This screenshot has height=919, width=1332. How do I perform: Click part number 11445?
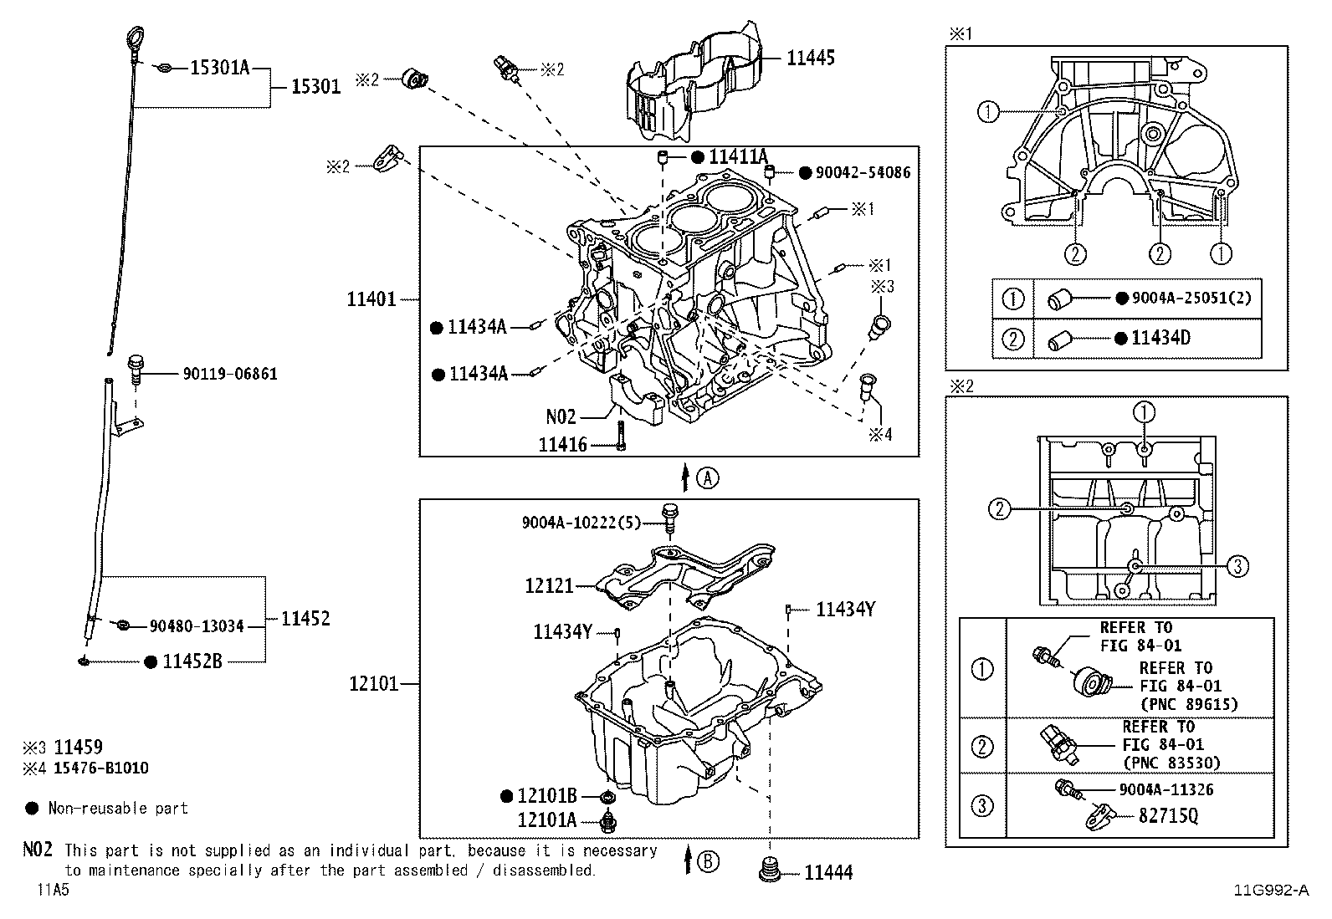tap(810, 58)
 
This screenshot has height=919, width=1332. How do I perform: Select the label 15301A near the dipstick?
tap(219, 69)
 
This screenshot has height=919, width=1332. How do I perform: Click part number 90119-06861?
tap(229, 374)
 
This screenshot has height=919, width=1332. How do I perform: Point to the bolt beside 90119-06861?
tap(135, 369)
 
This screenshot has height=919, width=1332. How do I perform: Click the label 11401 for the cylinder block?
tap(371, 299)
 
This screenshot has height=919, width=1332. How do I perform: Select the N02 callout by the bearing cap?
tap(561, 416)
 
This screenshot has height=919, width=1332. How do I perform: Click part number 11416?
tap(562, 445)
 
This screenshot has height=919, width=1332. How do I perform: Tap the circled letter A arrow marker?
tap(708, 478)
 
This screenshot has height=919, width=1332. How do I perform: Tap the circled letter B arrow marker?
tap(708, 861)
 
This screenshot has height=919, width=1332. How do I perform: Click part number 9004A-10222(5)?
tap(581, 523)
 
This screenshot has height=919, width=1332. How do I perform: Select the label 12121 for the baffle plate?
tap(549, 586)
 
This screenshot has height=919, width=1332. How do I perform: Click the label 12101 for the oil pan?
tap(374, 684)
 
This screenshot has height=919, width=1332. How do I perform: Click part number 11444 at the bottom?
tap(828, 873)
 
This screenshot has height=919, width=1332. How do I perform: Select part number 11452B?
tap(192, 661)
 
